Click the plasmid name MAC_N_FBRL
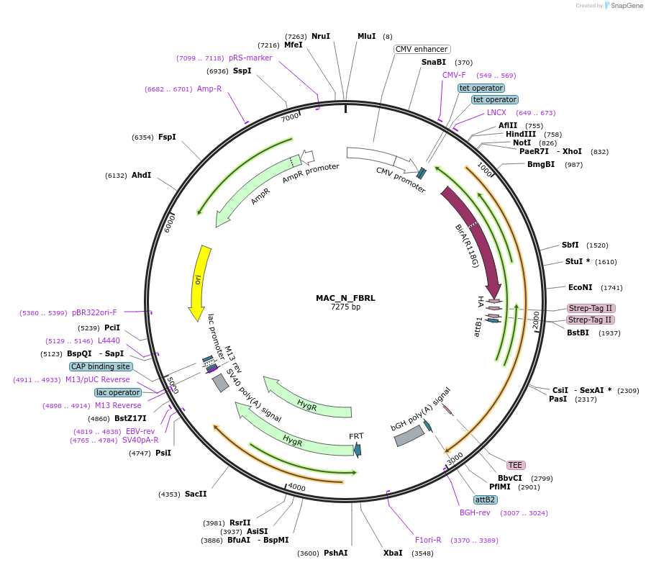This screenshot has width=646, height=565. [345, 297]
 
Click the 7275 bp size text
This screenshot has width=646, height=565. [345, 307]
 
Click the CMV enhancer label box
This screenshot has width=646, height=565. [422, 50]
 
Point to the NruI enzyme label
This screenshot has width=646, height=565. [321, 36]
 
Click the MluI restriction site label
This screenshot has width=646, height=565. [367, 36]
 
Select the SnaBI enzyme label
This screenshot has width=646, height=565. [434, 63]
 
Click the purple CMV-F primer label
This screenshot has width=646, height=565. [454, 76]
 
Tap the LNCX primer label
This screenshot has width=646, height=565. [496, 112]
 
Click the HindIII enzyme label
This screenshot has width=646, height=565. [520, 135]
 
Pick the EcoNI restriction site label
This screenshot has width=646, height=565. [581, 287]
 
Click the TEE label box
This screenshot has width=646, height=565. [515, 465]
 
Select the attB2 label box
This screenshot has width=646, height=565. [485, 500]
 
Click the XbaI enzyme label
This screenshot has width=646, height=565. [393, 553]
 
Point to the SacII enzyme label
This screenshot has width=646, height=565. [196, 494]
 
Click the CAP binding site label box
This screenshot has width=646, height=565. [101, 366]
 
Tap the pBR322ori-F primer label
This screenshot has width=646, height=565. [94, 312]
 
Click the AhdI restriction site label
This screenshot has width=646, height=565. [141, 175]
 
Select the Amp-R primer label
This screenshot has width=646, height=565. [209, 89]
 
